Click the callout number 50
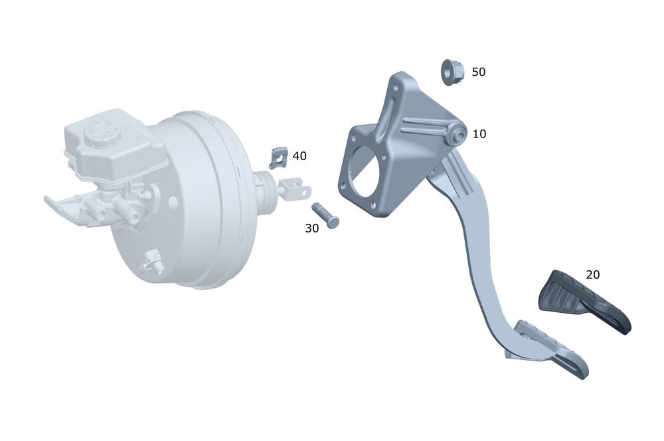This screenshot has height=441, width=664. click(479, 72)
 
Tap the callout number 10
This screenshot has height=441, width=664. click(479, 134)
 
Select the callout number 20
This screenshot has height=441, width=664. click(593, 275)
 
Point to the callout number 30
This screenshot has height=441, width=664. click(311, 228)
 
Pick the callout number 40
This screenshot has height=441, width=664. click(299, 156)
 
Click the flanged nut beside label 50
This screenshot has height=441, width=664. click(452, 72)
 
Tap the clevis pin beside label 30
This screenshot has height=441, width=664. click(325, 216)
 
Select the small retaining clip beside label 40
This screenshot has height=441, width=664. click(278, 157)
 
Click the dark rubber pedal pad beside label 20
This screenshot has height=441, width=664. click(584, 302)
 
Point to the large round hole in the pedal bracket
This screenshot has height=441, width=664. click(364, 171)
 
